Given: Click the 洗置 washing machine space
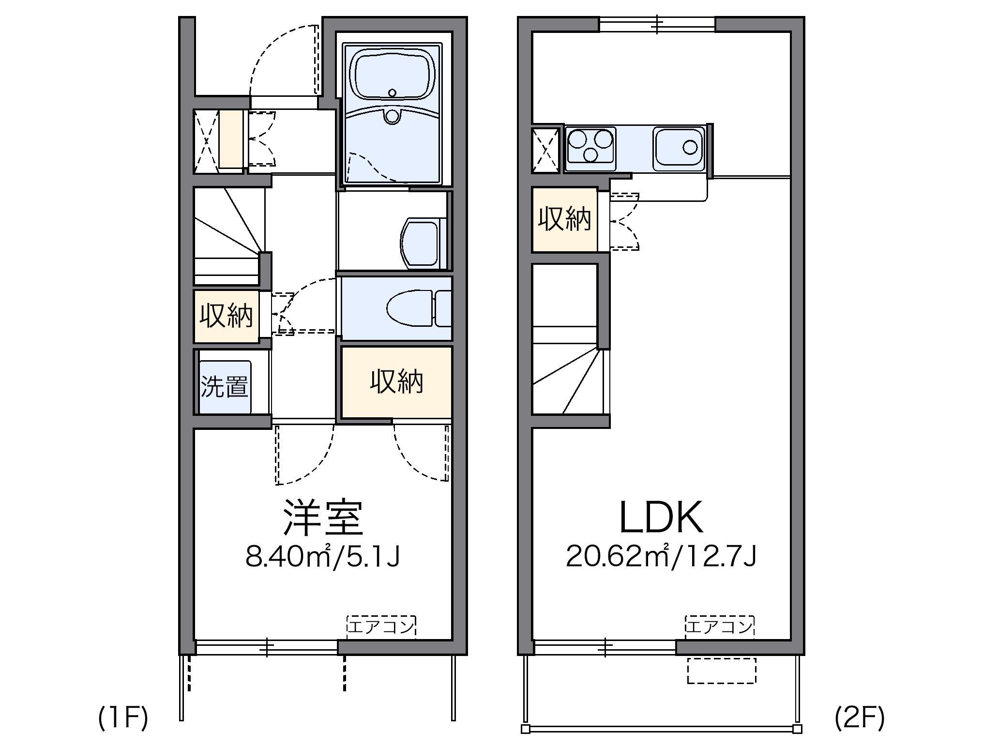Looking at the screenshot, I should [225, 386].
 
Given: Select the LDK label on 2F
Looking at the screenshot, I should [661, 518].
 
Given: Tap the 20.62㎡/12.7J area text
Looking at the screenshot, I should [661, 557].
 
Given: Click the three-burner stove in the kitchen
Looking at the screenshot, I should [590, 145].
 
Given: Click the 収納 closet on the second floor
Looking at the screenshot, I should [564, 219].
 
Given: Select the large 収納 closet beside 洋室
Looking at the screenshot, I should [396, 381].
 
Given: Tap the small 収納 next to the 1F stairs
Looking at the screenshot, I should [226, 316].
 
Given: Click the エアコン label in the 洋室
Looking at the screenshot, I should [381, 626].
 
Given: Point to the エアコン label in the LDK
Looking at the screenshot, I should [719, 626].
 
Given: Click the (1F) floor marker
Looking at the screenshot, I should [123, 718].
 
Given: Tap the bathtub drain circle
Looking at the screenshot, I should [392, 92].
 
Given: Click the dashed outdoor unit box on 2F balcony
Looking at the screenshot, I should [721, 671].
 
